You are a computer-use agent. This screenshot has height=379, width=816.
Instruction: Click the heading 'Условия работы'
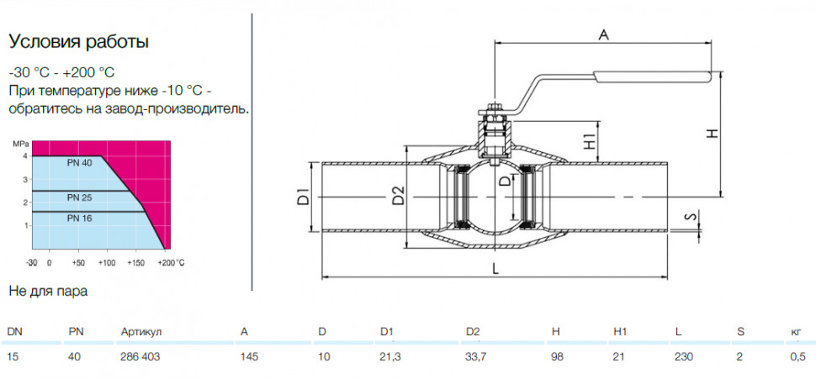coord(78,42)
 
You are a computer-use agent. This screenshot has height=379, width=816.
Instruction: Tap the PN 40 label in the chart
coord(79,164)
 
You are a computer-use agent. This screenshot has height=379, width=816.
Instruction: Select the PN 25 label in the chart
coord(79,198)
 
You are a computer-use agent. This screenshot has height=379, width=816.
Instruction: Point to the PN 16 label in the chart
coord(79,218)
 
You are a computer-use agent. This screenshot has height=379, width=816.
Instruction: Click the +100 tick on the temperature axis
coord(107,262)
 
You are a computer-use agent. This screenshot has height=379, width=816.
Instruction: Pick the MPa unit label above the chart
coord(21,144)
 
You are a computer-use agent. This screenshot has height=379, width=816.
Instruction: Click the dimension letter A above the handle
coord(603,34)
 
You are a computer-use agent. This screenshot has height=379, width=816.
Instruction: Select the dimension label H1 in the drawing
coord(590,141)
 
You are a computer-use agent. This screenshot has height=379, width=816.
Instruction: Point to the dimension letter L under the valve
coord(495,269)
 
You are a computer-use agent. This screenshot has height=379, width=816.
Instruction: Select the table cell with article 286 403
coord(140,356)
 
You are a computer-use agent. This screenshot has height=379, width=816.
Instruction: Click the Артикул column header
coord(141,332)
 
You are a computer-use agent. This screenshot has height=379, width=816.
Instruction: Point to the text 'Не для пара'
coord(49,291)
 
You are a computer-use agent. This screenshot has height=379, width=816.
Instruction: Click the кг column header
coord(796,332)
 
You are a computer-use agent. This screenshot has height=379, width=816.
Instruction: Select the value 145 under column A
coord(249,356)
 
